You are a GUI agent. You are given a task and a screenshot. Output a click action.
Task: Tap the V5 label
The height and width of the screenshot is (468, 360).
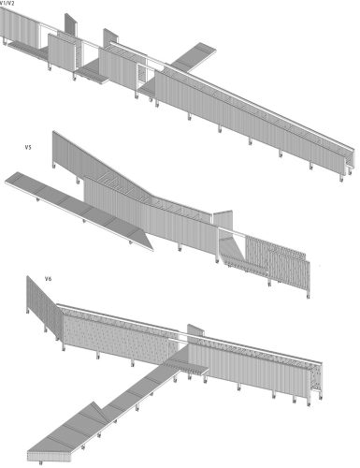[x=29, y=148]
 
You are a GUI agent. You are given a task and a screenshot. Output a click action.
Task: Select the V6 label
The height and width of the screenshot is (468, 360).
[x=48, y=279]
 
